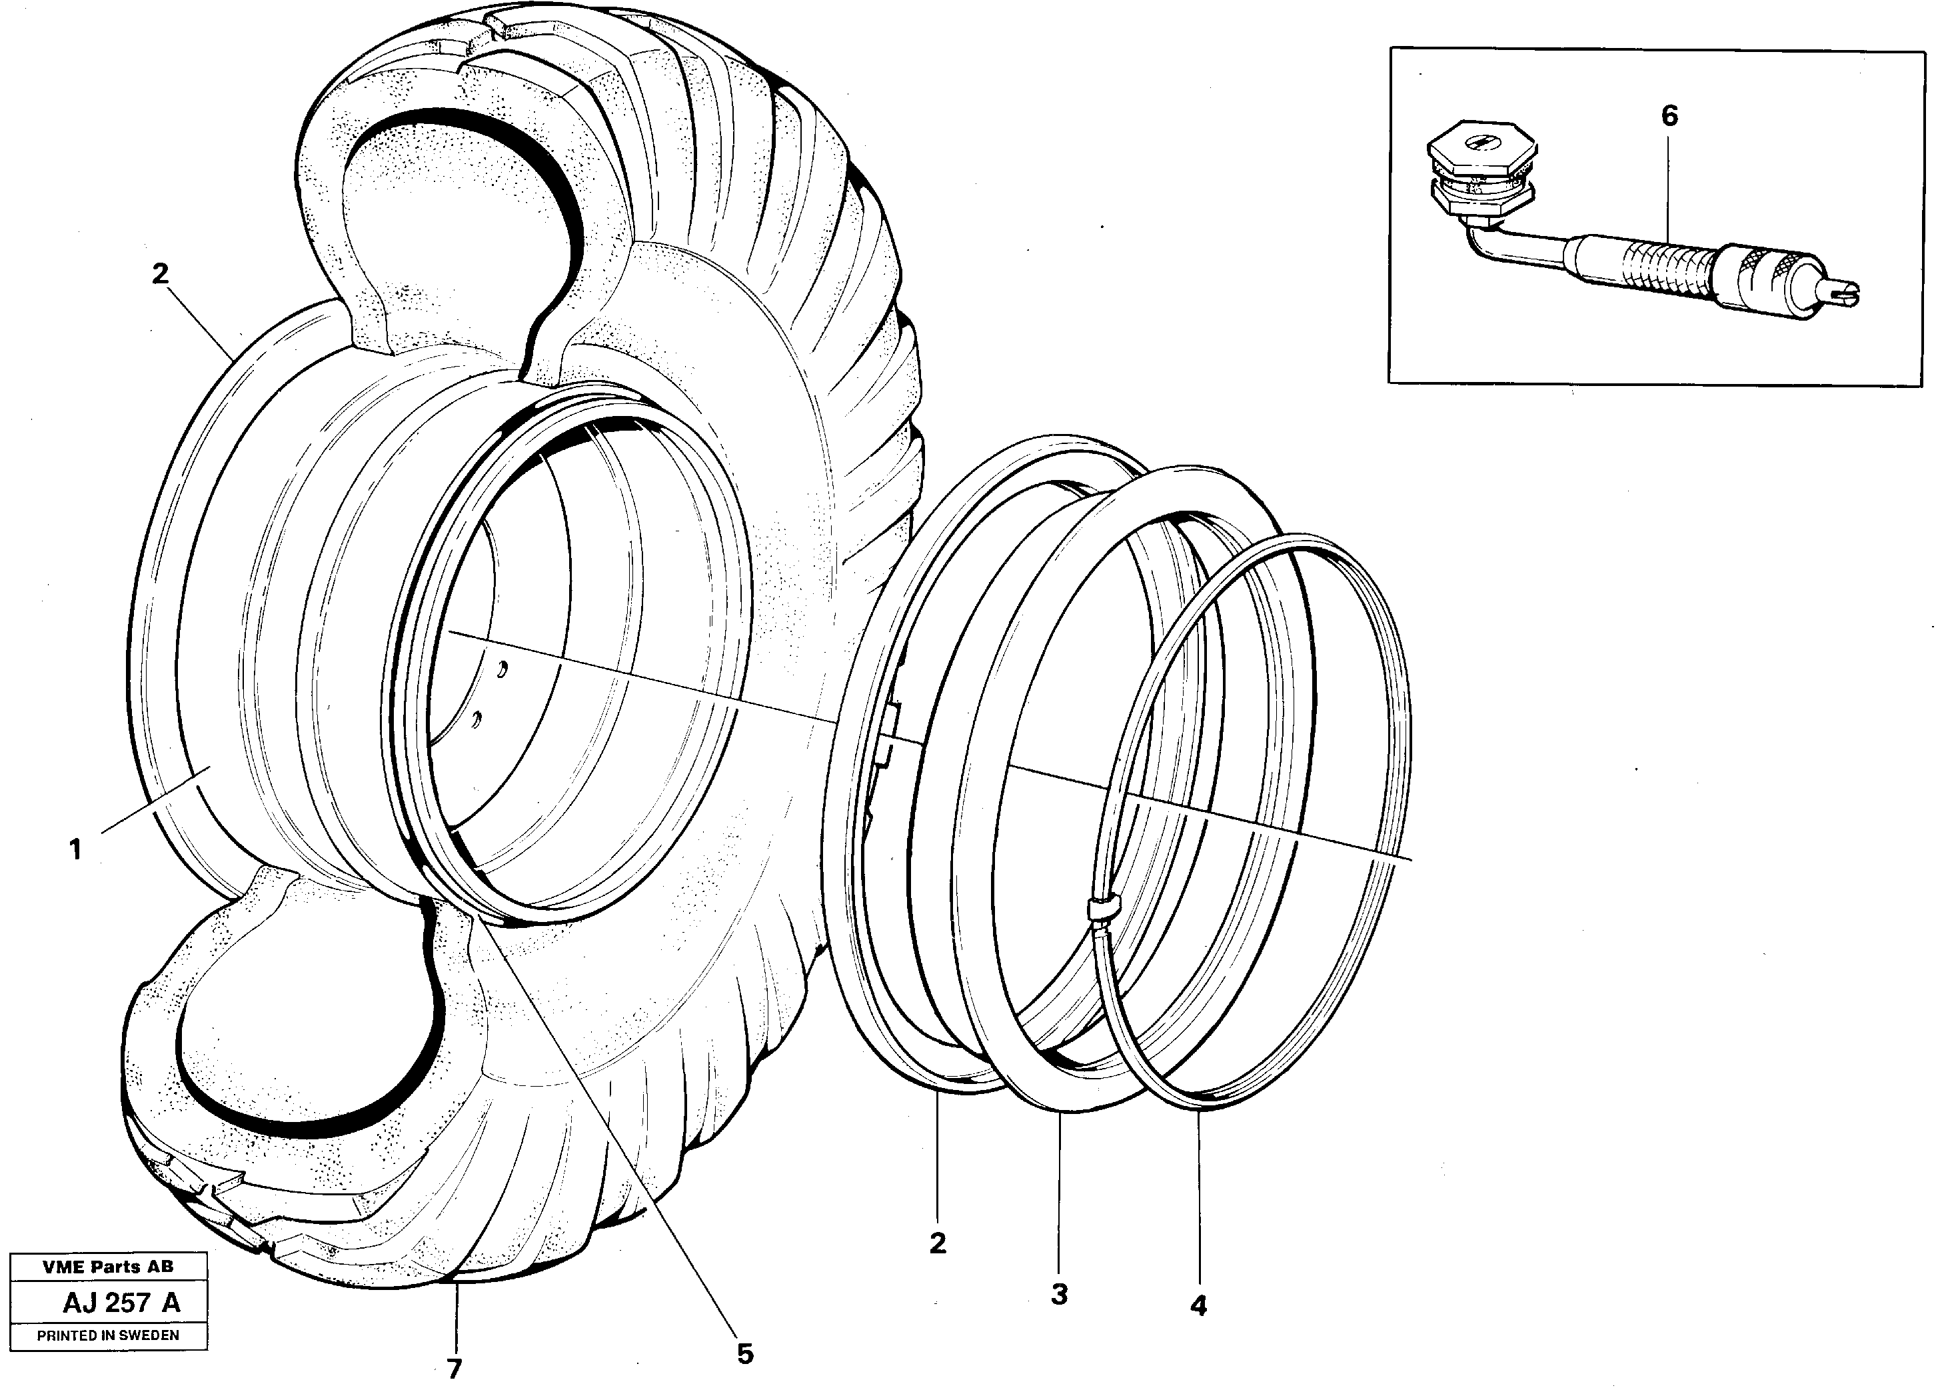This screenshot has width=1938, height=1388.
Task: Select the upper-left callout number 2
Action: tap(160, 275)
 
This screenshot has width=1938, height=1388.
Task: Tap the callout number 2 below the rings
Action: tap(938, 1243)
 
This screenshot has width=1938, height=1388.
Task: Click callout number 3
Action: tap(1059, 1294)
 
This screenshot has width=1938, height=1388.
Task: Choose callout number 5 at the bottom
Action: tap(745, 1353)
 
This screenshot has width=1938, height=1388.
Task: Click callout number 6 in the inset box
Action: tap(1669, 116)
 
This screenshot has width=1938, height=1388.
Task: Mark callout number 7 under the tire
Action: tap(454, 1367)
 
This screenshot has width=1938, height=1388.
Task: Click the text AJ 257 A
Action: tap(121, 1303)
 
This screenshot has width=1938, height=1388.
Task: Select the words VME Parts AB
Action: tap(108, 1267)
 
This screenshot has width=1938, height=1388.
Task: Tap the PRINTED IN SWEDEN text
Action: tap(108, 1335)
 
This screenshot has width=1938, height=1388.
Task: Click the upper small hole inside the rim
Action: tap(504, 669)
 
